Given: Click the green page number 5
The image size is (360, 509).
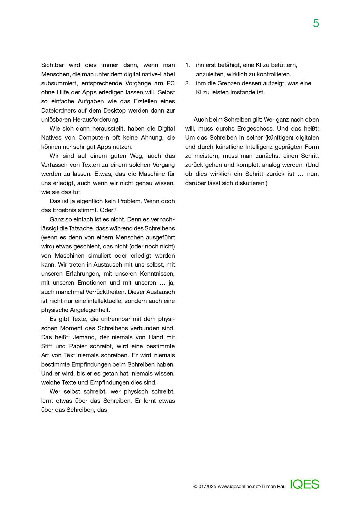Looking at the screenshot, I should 316,24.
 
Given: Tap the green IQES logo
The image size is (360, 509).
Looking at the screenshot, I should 305,484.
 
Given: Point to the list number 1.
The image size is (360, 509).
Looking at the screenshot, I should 188,65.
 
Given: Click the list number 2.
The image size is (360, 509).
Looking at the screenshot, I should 188,83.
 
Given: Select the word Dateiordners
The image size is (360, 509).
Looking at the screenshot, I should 58,111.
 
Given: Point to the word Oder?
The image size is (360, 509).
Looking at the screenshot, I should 108,210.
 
